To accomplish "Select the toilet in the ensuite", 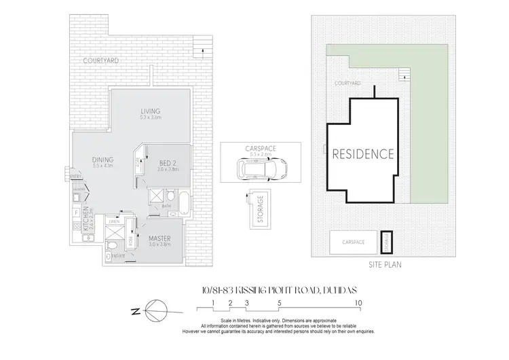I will click(113, 244).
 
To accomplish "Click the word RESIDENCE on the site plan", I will click(362, 154).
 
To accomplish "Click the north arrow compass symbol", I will click(155, 312).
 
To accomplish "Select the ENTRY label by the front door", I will click(75, 177).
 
